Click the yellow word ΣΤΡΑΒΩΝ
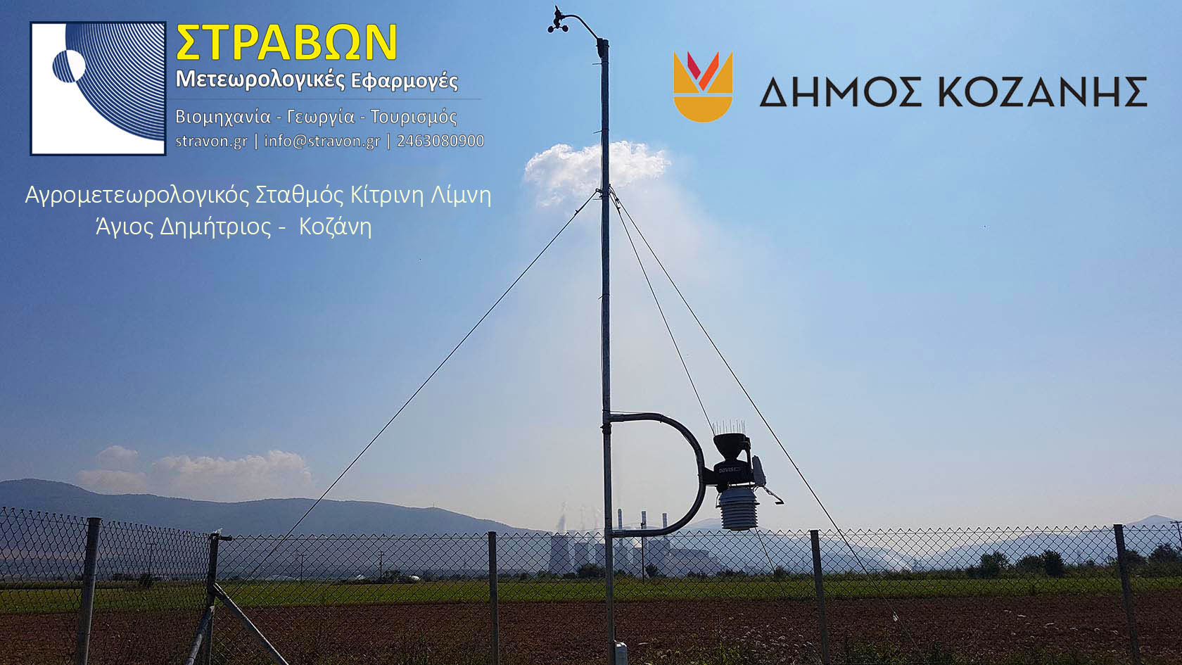tap(286, 43)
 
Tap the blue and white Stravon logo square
tap(99, 88)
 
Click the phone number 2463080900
tap(440, 141)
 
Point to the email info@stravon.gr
tap(322, 141)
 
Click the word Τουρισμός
tap(414, 117)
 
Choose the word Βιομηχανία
tap(222, 117)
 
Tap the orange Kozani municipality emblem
tap(703, 87)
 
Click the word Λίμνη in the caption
tap(461, 196)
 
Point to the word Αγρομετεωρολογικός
tap(136, 196)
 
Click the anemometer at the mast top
tap(559, 20)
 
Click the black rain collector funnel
tap(732, 444)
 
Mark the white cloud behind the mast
tap(597, 172)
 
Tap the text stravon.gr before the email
tap(211, 141)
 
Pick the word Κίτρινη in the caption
tap(387, 196)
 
